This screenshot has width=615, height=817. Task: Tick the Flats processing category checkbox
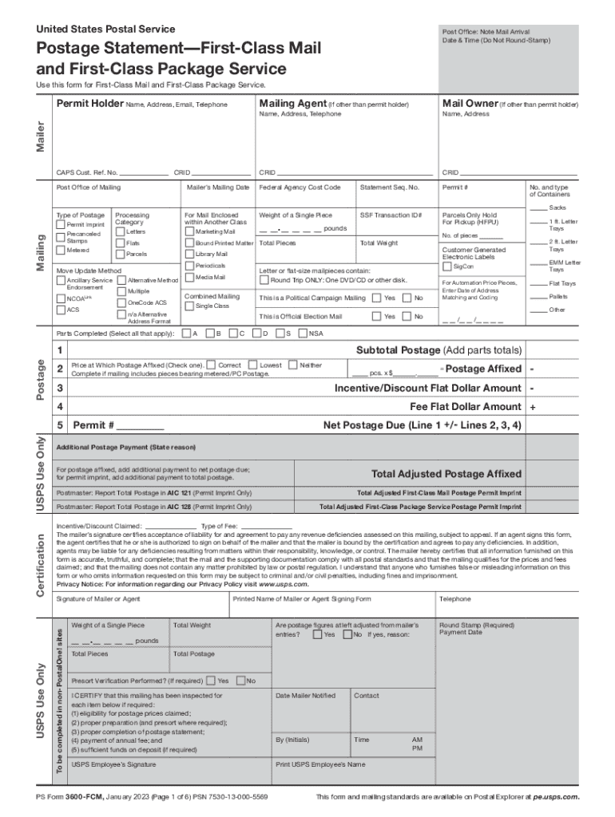coord(121,243)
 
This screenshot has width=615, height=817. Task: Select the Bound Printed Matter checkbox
coord(189,243)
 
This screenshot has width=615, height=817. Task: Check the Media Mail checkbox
coord(189,277)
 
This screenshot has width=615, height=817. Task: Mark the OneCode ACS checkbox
coord(121,303)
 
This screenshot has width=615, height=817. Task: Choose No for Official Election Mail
coord(407,317)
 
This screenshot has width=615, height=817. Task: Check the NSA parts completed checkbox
coord(303,333)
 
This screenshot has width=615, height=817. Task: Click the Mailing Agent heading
coord(292,104)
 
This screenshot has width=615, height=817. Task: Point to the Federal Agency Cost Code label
coord(300,187)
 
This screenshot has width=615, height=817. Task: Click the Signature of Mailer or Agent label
coord(99,599)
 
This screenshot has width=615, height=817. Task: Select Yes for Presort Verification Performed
coord(210,658)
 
